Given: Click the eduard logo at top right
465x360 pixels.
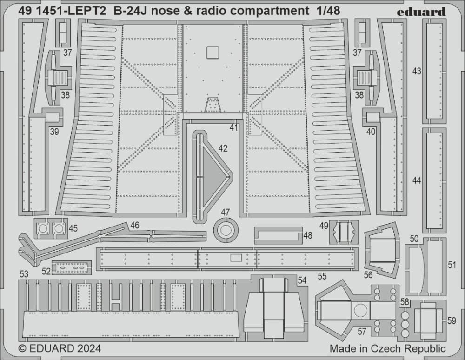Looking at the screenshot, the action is point(421,12).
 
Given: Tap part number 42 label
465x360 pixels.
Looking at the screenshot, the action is point(223,148).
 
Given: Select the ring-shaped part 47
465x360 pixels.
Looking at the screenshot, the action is point(226,230).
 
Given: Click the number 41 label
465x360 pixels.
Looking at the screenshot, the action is point(234,128).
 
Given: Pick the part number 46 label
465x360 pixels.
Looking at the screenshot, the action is point(135,225).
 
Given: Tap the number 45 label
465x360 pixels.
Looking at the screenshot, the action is point(73,228).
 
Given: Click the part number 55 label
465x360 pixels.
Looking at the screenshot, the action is point(322,276).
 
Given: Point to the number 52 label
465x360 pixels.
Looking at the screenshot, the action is point(46,271).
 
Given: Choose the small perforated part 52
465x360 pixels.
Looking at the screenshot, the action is point(72,267).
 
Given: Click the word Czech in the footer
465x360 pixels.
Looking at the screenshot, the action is point(385,348).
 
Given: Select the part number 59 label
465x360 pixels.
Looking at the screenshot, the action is point(452,320).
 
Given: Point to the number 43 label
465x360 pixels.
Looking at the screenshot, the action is point(417,71).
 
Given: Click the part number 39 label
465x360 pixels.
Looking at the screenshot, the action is point(54,131).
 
